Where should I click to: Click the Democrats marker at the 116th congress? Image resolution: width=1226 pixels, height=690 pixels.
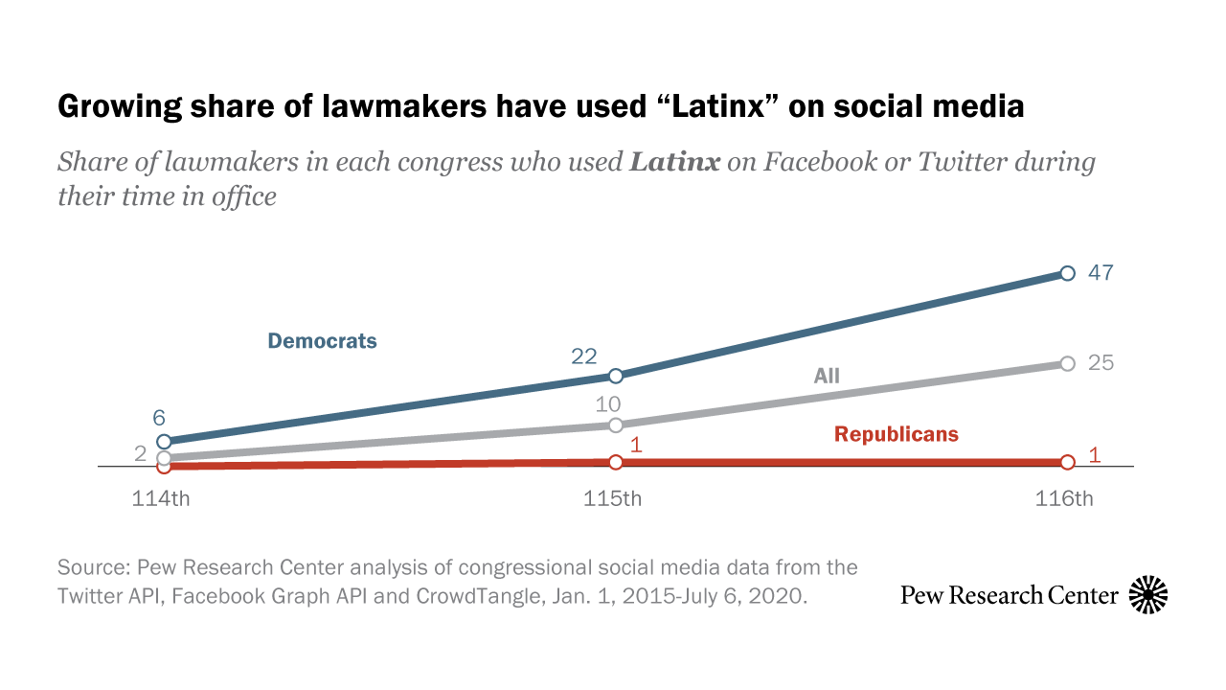[x=1068, y=273]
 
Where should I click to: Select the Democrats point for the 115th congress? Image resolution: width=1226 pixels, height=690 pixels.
[x=616, y=376]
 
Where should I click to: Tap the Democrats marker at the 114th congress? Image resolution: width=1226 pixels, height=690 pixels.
[x=164, y=442]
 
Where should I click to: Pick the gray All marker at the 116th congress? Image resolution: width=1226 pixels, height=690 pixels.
[x=1068, y=363]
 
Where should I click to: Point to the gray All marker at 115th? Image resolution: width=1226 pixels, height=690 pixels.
[x=616, y=425]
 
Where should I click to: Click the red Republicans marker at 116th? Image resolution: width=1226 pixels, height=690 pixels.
[x=1068, y=462]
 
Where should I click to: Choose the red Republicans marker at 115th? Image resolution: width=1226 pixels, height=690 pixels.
[x=616, y=462]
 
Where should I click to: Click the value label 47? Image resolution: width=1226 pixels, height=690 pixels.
[x=1101, y=273]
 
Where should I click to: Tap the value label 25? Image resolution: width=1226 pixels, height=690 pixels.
[x=1101, y=363]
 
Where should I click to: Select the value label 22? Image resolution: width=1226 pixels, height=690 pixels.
[x=584, y=356]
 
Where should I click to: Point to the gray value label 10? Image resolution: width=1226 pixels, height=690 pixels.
[x=608, y=404]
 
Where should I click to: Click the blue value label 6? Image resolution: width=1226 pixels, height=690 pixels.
[x=159, y=418]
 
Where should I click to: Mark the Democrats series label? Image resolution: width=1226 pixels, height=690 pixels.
[x=322, y=341]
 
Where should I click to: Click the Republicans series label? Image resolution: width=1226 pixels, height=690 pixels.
[x=896, y=434]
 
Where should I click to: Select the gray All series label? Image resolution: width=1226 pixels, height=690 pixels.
[x=827, y=376]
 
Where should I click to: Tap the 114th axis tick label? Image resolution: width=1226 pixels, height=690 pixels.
[x=161, y=499]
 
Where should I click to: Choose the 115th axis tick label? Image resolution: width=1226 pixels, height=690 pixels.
[x=613, y=499]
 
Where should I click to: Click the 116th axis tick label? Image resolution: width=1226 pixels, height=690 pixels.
[x=1064, y=499]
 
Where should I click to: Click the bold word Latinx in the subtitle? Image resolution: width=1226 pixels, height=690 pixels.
[x=674, y=161]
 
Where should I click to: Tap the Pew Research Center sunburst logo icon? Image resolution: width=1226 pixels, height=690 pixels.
[x=1148, y=595]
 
